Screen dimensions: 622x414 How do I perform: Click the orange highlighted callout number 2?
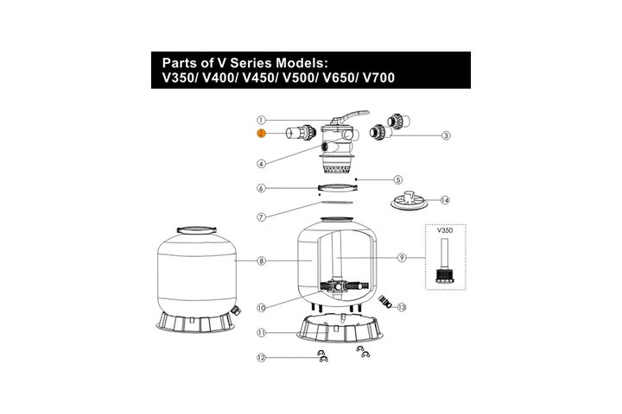click(x=261, y=134)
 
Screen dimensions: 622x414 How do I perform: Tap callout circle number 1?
click(x=261, y=120)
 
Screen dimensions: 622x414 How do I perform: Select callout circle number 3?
click(x=447, y=135)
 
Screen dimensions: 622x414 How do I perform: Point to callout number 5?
click(x=398, y=180)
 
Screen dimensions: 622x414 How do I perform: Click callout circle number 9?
click(x=402, y=258)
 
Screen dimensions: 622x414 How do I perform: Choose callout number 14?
click(x=445, y=200)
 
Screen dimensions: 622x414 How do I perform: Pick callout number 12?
click(x=261, y=358)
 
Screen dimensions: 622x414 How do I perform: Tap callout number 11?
click(x=261, y=333)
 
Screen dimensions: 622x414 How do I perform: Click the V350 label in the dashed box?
click(x=445, y=230)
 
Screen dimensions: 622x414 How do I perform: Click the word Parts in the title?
click(x=177, y=63)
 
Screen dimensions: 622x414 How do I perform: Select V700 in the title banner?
click(x=379, y=78)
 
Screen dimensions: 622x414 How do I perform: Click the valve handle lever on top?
click(x=349, y=117)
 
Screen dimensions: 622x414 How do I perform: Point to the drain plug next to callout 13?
click(x=385, y=302)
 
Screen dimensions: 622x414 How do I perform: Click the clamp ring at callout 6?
click(x=335, y=187)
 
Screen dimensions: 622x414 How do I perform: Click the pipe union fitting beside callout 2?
click(x=301, y=132)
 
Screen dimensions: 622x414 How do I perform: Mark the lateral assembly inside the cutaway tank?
click(x=344, y=286)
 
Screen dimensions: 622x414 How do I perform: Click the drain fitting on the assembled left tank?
click(x=236, y=310)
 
